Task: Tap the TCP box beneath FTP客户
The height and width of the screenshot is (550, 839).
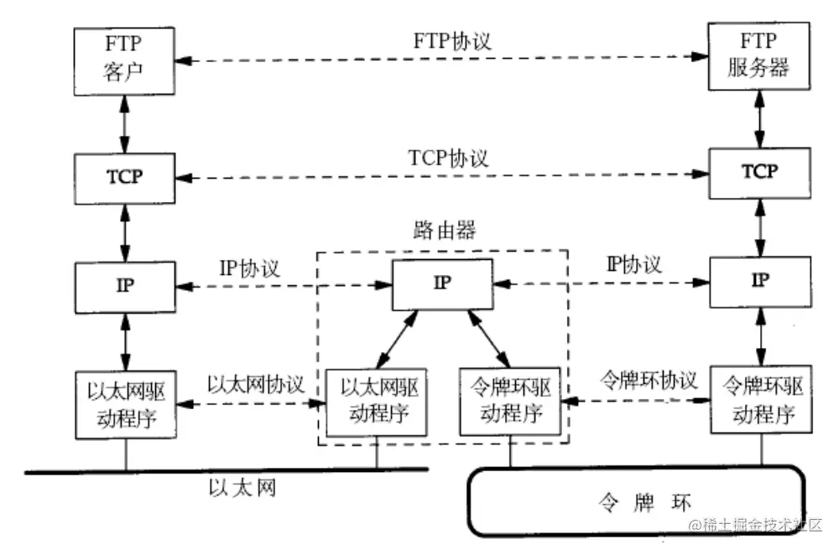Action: pos(125,177)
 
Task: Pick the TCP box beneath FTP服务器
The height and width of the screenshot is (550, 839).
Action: pos(759,172)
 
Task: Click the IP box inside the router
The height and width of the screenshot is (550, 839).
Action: pos(442,283)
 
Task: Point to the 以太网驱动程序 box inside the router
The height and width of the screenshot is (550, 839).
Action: pos(376,402)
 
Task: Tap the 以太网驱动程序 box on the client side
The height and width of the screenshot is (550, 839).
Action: pos(125,404)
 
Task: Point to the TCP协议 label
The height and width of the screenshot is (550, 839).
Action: pos(449,158)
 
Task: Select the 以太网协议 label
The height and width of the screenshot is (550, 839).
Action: pos(255,385)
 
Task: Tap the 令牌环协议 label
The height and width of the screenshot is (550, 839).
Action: pos(648,380)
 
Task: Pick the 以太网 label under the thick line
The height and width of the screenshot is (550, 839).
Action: pos(242,487)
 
